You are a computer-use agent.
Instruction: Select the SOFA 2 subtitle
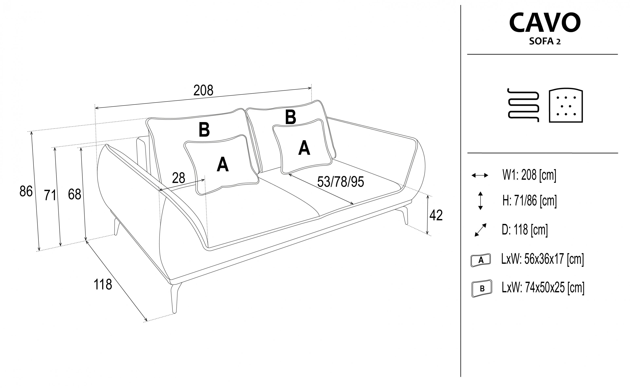point(545,41)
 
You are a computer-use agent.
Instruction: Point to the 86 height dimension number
point(26,191)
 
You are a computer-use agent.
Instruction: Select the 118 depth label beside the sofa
point(103,284)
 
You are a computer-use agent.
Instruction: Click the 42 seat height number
point(436,215)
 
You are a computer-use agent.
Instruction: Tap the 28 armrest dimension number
point(178,178)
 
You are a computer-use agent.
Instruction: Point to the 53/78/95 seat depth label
point(340,182)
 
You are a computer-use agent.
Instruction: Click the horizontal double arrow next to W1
point(480,175)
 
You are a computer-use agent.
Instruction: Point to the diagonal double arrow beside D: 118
point(481,230)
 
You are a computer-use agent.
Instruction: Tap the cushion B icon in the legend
point(482,288)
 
